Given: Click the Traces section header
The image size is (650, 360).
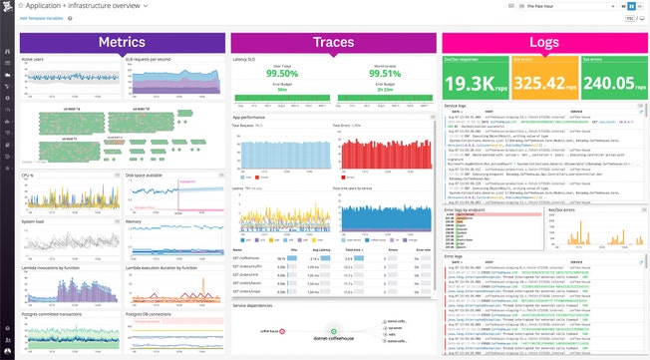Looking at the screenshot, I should coord(334,42).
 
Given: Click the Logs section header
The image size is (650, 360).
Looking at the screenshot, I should coord(544,42).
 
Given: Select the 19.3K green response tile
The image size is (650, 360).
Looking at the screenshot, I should coord(477,84).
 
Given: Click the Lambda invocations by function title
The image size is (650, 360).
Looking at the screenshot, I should coord(50,267).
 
